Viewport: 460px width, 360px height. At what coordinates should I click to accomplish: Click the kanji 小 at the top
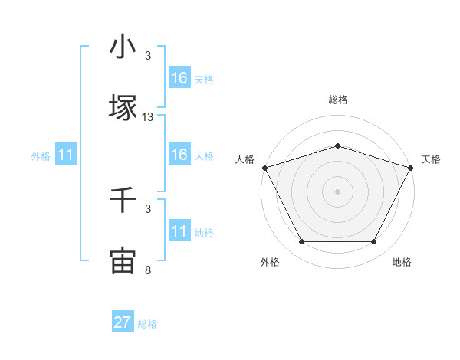coord(123,47)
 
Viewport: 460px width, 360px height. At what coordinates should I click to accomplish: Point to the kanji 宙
coord(123,260)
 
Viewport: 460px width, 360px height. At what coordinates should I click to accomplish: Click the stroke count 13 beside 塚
coord(148,117)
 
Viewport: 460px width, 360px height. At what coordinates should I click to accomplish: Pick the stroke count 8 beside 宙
coord(148,270)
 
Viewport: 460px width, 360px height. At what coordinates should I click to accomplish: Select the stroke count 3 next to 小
coord(148,56)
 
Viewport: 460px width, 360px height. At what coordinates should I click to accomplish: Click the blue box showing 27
coord(123,322)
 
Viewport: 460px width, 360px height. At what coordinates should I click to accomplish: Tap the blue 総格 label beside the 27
coord(147,324)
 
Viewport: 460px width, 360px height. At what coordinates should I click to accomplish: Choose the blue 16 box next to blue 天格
coord(179,78)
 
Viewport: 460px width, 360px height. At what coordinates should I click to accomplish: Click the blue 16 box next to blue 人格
coord(179,155)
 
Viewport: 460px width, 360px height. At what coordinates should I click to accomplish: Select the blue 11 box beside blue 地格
coord(179,231)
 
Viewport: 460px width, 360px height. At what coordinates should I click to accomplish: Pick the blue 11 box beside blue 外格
coord(66,155)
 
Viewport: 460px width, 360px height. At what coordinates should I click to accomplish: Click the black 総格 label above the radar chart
coord(337,100)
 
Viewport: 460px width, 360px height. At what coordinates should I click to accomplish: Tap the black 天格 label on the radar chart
coord(431,159)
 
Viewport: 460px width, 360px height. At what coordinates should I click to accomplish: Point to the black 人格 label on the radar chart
coord(245,159)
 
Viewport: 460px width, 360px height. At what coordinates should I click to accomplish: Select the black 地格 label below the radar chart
coord(402,262)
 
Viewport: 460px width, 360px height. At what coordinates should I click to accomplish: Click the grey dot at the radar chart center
coord(337,191)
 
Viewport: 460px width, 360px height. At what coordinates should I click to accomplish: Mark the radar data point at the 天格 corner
coord(410,168)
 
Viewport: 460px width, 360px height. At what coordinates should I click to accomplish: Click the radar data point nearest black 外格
coord(301,242)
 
